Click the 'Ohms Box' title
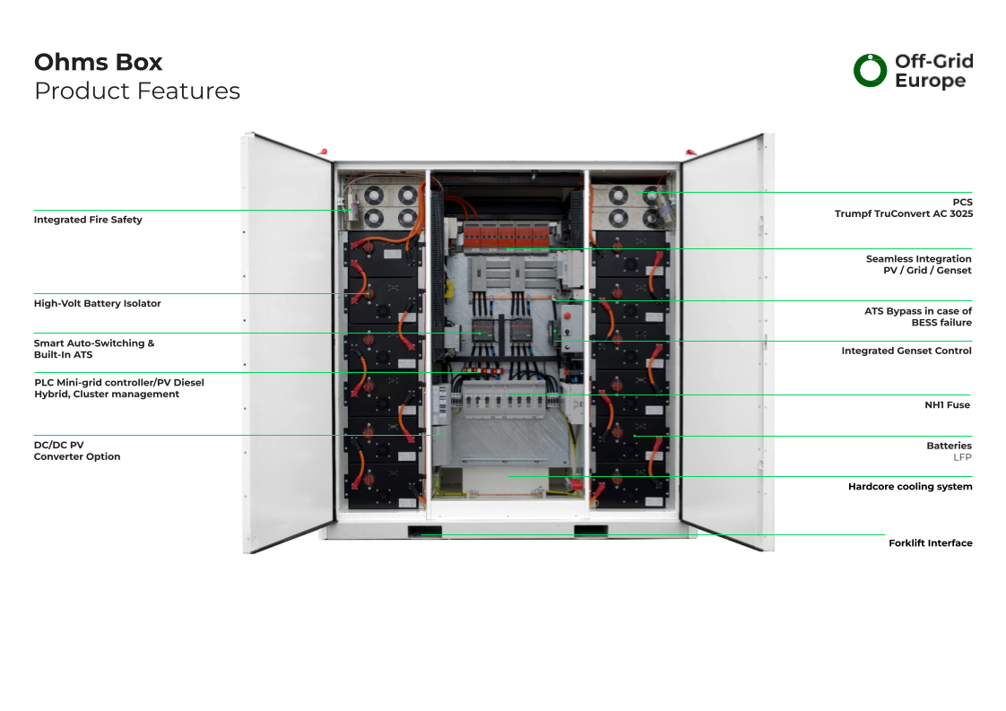pyautogui.click(x=99, y=62)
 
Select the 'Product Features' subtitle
pyautogui.click(x=137, y=91)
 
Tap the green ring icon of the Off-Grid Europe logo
pyautogui.click(x=869, y=71)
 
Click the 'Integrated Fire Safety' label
pyautogui.click(x=88, y=220)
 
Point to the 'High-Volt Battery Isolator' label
pyautogui.click(x=98, y=303)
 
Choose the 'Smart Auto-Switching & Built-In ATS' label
pyautogui.click(x=94, y=349)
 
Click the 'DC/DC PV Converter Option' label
pyautogui.click(x=77, y=450)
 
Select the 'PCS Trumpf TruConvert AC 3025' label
pyautogui.click(x=903, y=208)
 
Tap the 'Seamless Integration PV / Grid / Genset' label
pyautogui.click(x=918, y=264)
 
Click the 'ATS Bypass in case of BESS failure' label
pyautogui.click(x=917, y=316)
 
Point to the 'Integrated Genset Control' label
pyautogui.click(x=906, y=351)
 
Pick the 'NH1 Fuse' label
pyautogui.click(x=947, y=404)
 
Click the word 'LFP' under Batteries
pyautogui.click(x=962, y=457)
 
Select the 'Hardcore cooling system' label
pyautogui.click(x=909, y=487)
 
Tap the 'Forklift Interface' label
pyautogui.click(x=930, y=543)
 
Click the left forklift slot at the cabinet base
pyautogui.click(x=424, y=531)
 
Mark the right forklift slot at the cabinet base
pyautogui.click(x=590, y=531)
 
